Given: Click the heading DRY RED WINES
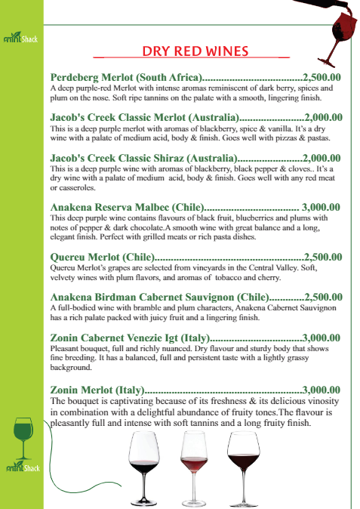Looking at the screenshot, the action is pos(195,51).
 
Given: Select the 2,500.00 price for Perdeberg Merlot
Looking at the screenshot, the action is pos(322,77).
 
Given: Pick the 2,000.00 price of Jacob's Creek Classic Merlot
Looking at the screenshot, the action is pos(323,117).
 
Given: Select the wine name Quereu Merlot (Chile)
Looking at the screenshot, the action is pos(102,257).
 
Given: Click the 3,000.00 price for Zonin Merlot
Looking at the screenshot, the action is pos(322,390).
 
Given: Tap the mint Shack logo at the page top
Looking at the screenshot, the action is pos(21,36).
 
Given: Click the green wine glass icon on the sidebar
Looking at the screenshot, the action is pos(23,436).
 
